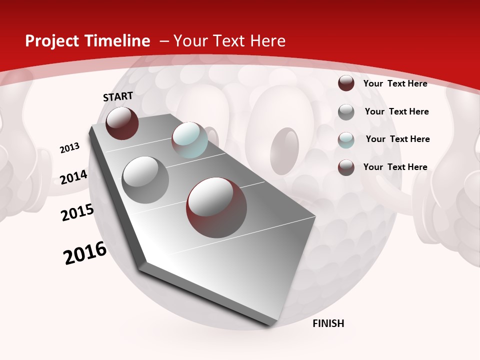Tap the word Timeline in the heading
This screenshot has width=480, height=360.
click(x=119, y=41)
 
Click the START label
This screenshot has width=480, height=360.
click(x=118, y=96)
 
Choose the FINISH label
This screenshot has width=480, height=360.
click(x=328, y=323)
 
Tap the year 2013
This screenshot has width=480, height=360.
click(x=69, y=148)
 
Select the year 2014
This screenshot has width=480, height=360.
click(x=73, y=177)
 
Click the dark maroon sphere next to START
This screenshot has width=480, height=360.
click(x=122, y=123)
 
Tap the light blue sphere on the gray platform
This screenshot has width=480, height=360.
click(x=189, y=139)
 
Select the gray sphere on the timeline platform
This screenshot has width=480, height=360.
click(x=145, y=179)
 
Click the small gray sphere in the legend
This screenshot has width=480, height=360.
click(x=346, y=112)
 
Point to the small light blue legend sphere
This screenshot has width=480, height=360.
click(x=346, y=140)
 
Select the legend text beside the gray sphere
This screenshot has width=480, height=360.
click(x=396, y=111)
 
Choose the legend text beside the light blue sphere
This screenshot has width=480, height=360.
click(x=397, y=139)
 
